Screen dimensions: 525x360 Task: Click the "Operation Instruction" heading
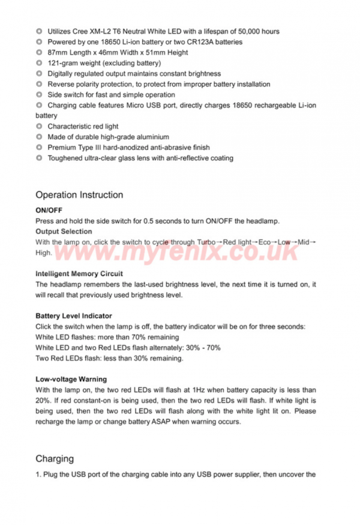[x=79, y=195]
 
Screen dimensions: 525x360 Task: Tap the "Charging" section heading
[x=55, y=459]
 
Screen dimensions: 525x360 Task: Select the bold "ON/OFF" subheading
[x=49, y=211]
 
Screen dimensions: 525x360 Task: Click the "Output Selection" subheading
[x=64, y=232]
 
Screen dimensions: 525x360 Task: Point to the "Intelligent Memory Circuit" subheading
[x=79, y=274]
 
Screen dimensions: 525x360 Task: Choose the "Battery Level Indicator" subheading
[x=74, y=316]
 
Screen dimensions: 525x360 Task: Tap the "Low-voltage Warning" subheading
[x=71, y=379]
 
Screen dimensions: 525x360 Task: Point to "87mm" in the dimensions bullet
[x=58, y=53]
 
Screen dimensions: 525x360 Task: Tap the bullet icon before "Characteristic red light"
[x=39, y=127]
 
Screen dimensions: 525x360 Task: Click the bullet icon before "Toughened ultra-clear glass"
[x=39, y=158]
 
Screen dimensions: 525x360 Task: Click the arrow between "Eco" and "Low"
[x=275, y=242]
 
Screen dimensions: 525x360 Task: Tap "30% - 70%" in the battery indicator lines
[x=204, y=347]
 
